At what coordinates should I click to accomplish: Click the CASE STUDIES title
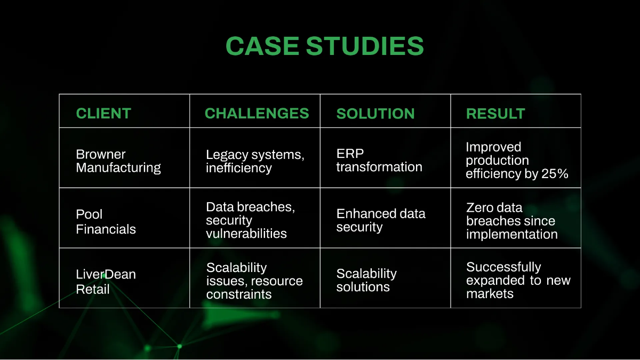(325, 46)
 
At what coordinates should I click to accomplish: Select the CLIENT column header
(103, 113)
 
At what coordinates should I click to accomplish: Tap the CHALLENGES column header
(257, 113)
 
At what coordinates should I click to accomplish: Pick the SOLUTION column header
(375, 114)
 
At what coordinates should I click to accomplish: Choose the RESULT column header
(495, 114)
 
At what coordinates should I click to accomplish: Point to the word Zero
(479, 207)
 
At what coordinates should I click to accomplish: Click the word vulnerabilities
(246, 234)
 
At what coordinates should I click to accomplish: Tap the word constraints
(239, 294)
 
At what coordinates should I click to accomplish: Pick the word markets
(490, 294)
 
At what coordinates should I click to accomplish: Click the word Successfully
(503, 267)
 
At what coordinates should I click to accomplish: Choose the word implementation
(511, 235)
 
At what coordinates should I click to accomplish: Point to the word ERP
(350, 154)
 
